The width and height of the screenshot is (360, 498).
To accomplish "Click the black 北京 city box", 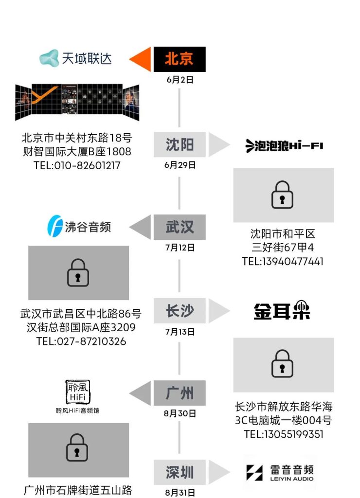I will click(180, 59).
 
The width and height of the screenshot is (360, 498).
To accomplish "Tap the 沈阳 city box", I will click(180, 144).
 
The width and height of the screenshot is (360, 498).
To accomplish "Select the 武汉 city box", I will click(180, 227).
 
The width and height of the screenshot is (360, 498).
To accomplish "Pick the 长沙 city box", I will click(180, 311).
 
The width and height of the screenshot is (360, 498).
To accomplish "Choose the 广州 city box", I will click(180, 393).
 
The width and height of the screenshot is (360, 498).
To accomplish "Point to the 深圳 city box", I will click(180, 472).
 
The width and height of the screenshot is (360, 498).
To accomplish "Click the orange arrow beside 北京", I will click(140, 59).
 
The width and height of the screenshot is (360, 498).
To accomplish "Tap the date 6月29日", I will click(180, 165).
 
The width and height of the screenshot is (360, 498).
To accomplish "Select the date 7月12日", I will click(180, 248).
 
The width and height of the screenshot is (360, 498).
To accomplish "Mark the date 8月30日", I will click(180, 414).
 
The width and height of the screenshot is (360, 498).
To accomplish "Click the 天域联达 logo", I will click(75, 59).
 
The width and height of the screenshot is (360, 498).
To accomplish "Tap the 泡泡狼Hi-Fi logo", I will click(284, 145).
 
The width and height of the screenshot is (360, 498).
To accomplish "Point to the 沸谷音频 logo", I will click(79, 227).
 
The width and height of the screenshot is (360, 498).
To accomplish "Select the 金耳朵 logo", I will click(282, 311).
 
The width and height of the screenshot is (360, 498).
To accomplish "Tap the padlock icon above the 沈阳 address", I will click(282, 195).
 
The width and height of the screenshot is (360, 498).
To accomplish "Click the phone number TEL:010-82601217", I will click(77, 165).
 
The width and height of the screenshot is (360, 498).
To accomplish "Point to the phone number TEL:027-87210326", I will click(81, 341).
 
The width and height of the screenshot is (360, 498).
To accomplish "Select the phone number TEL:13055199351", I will click(284, 434).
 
